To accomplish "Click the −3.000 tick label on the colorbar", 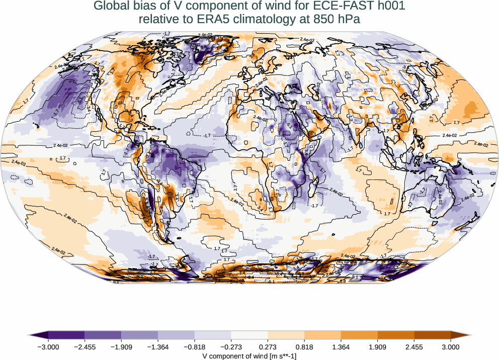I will tap(48, 347).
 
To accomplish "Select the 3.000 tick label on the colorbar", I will tap(451, 347).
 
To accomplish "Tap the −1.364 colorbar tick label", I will tap(158, 347).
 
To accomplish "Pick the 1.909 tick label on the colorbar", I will tap(377, 347).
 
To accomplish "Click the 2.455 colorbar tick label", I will tap(414, 347).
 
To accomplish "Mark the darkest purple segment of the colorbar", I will tap(66, 334).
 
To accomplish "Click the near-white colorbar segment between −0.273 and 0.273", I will tap(249, 334).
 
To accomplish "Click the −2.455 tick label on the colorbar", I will tap(85, 347).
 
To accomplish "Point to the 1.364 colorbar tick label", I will tap(341, 347).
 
